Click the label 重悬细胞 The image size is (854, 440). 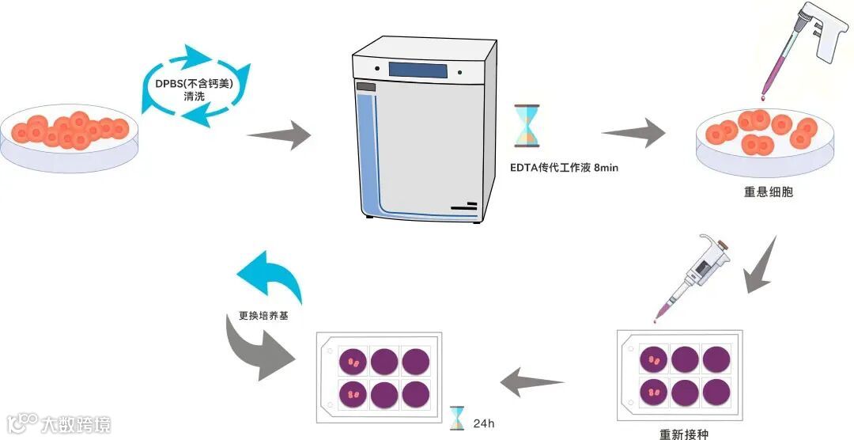pyautogui.click(x=767, y=192)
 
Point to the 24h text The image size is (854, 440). pyautogui.click(x=483, y=423)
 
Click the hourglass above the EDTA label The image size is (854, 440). pyautogui.click(x=526, y=125)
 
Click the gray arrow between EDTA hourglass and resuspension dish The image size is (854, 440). pyautogui.click(x=634, y=131)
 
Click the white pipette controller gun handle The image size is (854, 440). pyautogui.click(x=822, y=36)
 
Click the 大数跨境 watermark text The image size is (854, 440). pyautogui.click(x=77, y=423)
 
